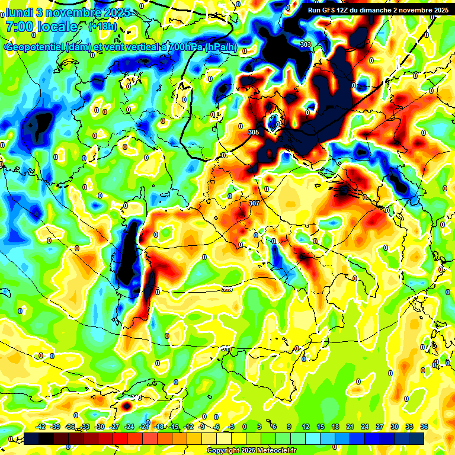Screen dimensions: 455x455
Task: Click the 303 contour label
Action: coord(306,44)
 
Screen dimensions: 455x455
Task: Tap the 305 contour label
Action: coord(254,132)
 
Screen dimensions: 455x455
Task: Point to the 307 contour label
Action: coord(255,203)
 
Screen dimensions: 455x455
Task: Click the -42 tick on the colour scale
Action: coord(41,427)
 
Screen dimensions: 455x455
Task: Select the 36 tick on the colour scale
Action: coord(424,427)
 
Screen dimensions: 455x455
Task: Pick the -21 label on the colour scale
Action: coord(144,427)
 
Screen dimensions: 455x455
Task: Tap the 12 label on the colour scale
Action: coord(305,427)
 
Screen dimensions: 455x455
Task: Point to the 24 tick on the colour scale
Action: coord(365,427)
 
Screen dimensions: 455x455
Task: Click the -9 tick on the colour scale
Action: coord(203,427)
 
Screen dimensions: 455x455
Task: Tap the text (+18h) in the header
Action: coord(102,27)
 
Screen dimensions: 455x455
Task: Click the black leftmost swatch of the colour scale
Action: coord(32,438)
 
